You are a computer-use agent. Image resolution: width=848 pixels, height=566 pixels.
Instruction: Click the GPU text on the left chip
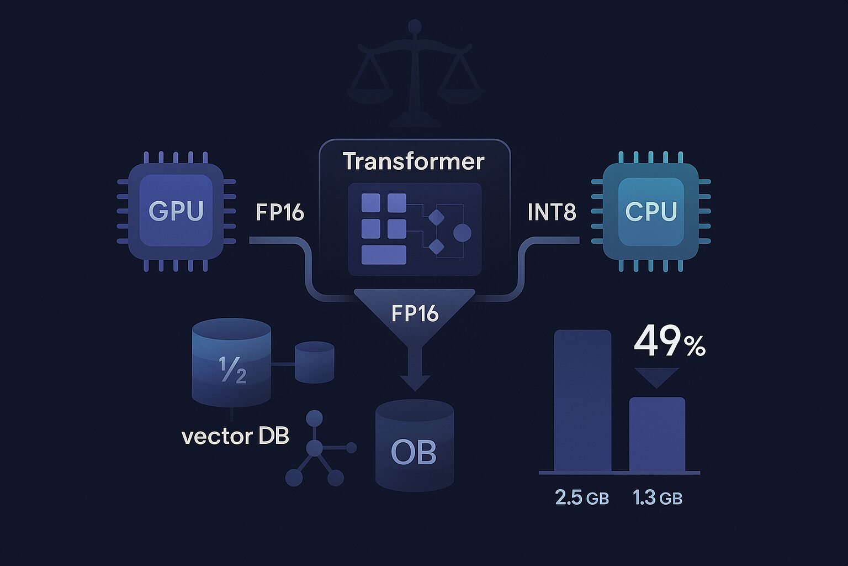(176, 211)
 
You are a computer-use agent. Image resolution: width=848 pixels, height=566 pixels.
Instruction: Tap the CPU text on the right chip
(651, 212)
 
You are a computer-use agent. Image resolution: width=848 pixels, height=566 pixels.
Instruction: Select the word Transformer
(413, 161)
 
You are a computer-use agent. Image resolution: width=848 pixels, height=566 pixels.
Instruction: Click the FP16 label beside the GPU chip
(280, 212)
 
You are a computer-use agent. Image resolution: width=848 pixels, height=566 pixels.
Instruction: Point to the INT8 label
(552, 212)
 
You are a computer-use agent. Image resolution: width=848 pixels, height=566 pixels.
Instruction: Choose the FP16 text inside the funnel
(415, 313)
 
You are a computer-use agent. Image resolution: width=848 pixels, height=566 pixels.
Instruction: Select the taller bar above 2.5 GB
(582, 401)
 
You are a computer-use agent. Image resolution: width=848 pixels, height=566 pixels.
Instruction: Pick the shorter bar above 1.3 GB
(657, 434)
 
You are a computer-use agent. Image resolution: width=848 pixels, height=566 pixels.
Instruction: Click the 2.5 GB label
(582, 498)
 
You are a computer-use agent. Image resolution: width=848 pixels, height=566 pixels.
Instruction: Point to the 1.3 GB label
(657, 498)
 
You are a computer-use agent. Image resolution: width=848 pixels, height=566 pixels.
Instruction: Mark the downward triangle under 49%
(656, 376)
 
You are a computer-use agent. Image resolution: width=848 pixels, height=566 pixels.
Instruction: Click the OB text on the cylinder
(414, 453)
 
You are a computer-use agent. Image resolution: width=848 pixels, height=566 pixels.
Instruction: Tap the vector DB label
(235, 437)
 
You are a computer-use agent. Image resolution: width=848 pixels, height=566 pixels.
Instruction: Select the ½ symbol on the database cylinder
(232, 370)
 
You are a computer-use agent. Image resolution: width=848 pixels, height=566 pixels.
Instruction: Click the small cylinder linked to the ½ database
(315, 362)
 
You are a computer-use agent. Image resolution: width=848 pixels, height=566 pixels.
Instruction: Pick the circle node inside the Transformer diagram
(462, 233)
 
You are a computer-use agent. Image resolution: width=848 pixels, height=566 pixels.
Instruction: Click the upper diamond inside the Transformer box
(436, 217)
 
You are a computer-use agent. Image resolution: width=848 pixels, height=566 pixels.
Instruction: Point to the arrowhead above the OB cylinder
(415, 382)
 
